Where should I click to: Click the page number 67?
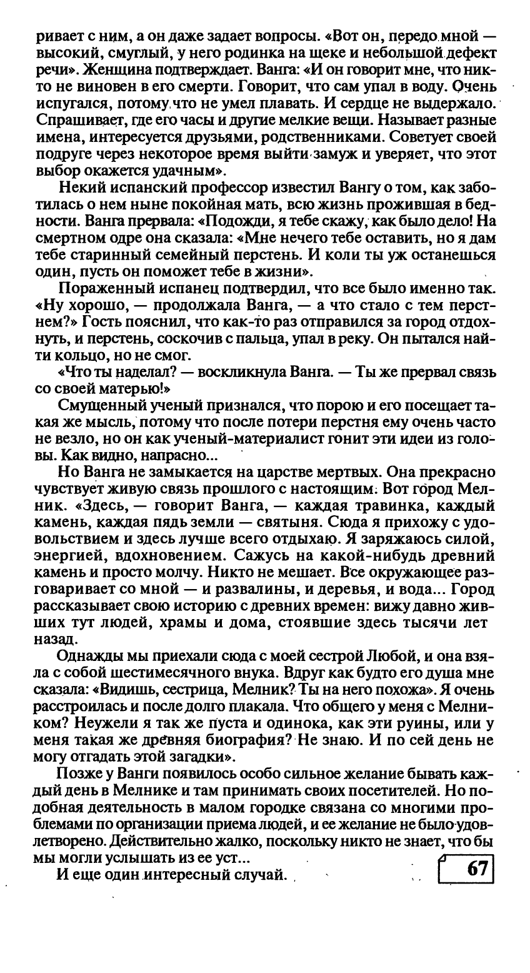[x=476, y=869]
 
